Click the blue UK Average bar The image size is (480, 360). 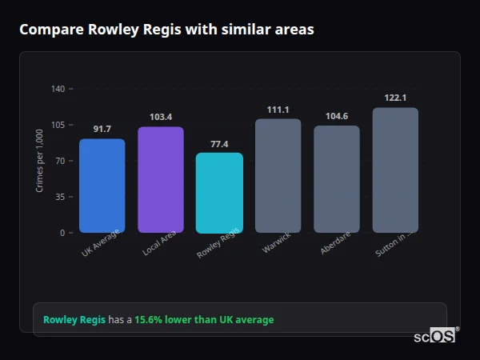(x=102, y=186)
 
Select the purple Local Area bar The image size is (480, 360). (x=161, y=180)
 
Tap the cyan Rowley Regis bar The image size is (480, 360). (x=219, y=193)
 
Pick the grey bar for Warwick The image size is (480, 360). (x=278, y=176)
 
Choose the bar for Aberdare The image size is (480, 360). (x=337, y=179)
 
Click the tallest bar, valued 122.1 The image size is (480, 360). (x=395, y=170)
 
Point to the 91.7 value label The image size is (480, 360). (x=102, y=129)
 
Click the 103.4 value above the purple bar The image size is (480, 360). (x=161, y=117)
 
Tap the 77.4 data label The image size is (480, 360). (x=219, y=144)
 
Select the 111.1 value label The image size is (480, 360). (x=278, y=110)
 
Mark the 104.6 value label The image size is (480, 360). (x=337, y=116)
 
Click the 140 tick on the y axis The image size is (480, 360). (x=58, y=89)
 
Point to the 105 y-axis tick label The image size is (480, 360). (x=58, y=125)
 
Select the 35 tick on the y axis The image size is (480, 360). (x=60, y=197)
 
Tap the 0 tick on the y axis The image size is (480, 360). (x=62, y=233)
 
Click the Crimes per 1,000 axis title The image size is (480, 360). (x=40, y=161)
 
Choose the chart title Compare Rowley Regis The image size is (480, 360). (x=166, y=30)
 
